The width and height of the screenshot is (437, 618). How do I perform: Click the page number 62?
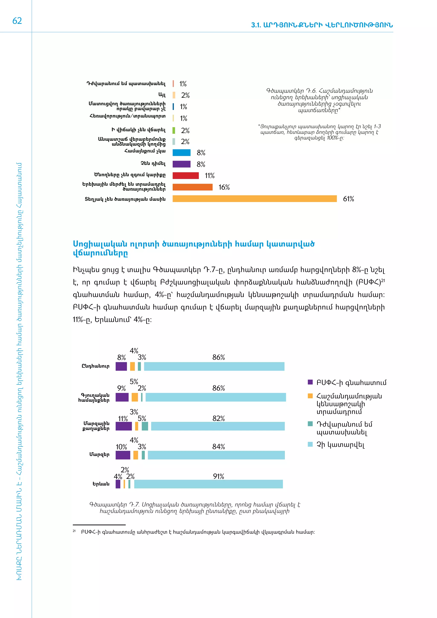click(x=17, y=21)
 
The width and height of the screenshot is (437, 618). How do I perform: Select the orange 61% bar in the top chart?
click(x=254, y=199)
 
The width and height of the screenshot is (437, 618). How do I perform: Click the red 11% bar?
click(x=185, y=175)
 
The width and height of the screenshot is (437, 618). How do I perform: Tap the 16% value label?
click(x=224, y=187)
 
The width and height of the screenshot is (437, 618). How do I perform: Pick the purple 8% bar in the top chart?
click(x=181, y=164)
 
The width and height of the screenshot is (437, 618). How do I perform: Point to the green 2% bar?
click(x=174, y=130)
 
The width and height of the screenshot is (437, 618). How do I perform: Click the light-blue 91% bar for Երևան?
click(x=208, y=484)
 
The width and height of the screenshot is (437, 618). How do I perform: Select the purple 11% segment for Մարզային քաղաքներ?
click(x=124, y=426)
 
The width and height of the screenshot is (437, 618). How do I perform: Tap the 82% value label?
click(x=218, y=418)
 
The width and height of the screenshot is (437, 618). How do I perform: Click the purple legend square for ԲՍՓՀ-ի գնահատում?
click(x=310, y=382)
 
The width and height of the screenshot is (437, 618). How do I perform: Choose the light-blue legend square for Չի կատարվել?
click(x=310, y=444)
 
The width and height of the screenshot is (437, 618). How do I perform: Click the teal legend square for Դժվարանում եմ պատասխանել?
click(x=310, y=424)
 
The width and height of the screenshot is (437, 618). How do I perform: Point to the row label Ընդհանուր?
click(x=96, y=366)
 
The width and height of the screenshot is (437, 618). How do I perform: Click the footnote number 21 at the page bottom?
click(x=74, y=531)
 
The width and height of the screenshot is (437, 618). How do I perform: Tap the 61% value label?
click(x=348, y=199)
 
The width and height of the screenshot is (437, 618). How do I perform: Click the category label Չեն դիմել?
click(x=153, y=163)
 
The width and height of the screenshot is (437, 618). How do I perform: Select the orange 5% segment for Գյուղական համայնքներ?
click(x=135, y=397)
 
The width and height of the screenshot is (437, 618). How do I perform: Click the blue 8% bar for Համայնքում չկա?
click(x=181, y=153)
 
